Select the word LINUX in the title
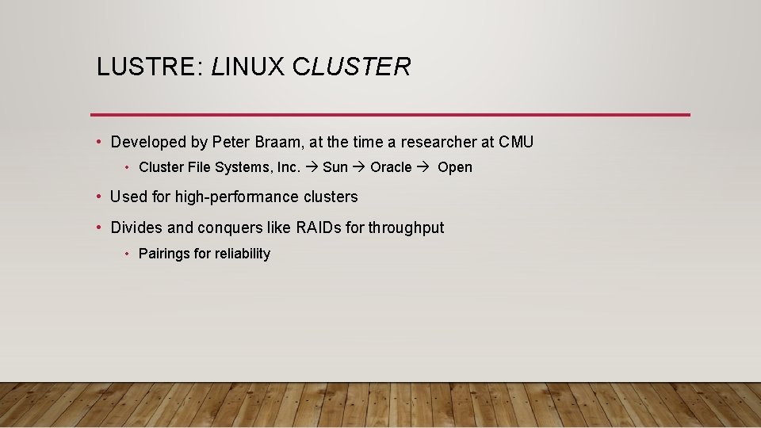point(247,67)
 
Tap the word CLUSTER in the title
point(351,67)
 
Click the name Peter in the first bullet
point(231,142)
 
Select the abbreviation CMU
point(516,142)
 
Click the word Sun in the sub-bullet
point(335,167)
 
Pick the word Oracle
point(391,167)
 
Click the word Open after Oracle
point(455,167)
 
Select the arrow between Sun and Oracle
point(359,167)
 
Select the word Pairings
point(164,254)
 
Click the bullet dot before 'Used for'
point(98,197)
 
